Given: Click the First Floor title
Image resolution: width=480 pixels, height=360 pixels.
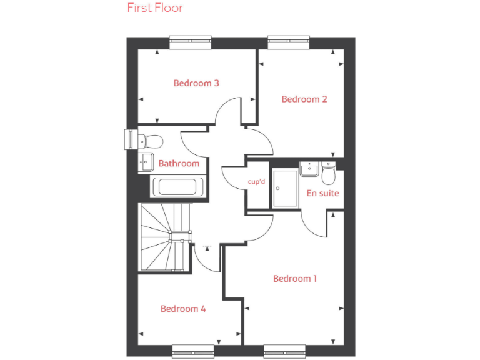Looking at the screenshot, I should point(155,8).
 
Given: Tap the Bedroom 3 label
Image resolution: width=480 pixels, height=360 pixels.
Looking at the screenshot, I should point(196,83).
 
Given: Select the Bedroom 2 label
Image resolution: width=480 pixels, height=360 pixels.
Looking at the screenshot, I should point(304,99).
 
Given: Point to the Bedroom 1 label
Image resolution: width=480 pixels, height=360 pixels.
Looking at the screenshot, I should point(295,279).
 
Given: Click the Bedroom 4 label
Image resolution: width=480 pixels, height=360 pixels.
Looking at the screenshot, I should point(183,309).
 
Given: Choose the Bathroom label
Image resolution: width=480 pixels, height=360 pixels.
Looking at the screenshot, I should point(179,164).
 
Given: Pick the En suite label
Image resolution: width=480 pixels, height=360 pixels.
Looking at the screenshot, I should point(322,194).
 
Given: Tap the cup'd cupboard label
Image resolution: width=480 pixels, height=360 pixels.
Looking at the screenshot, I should point(257,182).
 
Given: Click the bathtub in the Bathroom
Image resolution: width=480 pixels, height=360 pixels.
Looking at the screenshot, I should point(177,187).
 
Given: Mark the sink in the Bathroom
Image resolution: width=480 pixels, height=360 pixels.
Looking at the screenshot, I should point(146,162).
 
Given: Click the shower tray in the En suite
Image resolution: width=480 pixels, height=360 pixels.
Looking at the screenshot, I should point(285,188).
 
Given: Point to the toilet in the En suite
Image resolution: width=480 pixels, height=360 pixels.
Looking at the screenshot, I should point(329,171).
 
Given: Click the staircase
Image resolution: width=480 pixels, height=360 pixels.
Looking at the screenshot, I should point(164,237).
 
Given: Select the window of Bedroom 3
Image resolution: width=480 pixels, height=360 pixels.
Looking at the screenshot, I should point(190,42).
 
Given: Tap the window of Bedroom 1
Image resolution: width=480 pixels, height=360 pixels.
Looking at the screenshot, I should point(284,351).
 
